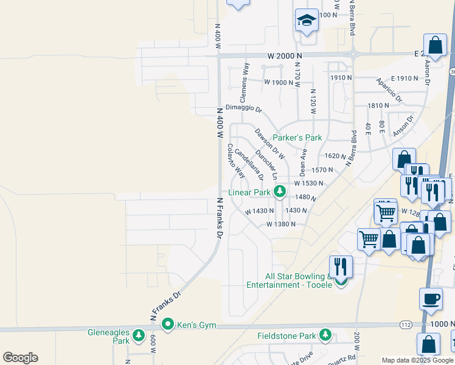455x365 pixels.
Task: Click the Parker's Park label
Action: point(297,137)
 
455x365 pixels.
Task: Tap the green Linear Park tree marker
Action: point(280,192)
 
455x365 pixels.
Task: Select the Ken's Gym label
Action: point(196,325)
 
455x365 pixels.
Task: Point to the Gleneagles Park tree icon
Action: point(139,335)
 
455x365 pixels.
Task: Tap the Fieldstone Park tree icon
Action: point(326,335)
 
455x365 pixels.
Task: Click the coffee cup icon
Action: point(431,299)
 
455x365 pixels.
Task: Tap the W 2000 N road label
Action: point(284,55)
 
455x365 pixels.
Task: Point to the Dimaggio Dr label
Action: point(243,108)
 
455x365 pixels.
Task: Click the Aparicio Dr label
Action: point(389,89)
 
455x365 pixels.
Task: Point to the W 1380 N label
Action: point(280,224)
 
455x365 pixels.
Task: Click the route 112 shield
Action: point(406,325)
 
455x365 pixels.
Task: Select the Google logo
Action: point(20,358)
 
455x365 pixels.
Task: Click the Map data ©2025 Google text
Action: point(417,360)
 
